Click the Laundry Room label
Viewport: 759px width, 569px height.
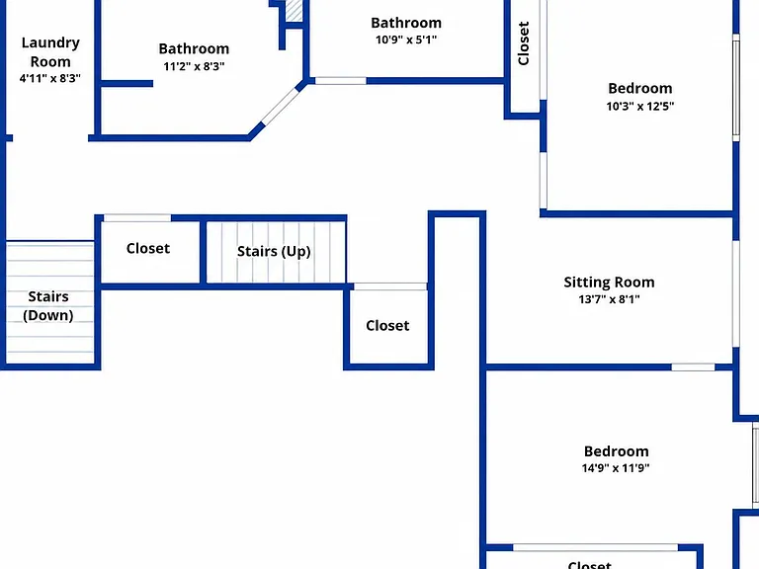coord(50,51)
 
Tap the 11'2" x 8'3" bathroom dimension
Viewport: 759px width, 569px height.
coord(194,66)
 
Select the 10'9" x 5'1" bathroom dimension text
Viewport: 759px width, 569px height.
coord(406,40)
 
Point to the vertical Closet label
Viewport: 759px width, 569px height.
coord(523,43)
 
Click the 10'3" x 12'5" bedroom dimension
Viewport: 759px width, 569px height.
coord(640,106)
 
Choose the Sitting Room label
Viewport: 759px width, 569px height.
coord(609,283)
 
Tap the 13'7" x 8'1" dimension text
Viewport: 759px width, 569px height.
coord(609,299)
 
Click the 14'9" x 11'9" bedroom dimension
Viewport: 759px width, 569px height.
coord(616,468)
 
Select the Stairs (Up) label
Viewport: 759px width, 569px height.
coord(274,251)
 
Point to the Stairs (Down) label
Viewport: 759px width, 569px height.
coord(47,306)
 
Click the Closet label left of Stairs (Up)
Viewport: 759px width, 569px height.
coord(148,248)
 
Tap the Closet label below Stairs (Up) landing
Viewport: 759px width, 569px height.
coord(387,326)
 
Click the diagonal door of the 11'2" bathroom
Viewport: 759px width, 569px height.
coord(281,106)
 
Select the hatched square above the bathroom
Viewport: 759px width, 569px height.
coord(294,10)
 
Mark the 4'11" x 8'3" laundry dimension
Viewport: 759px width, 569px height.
coord(49,78)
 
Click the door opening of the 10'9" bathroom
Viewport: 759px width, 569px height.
coord(340,81)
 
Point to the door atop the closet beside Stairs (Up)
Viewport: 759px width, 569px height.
coord(137,218)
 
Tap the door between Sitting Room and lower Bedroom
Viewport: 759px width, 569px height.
coord(693,367)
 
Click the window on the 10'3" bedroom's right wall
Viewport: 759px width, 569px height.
coord(735,88)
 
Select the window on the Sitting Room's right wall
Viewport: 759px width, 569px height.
coord(735,293)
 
